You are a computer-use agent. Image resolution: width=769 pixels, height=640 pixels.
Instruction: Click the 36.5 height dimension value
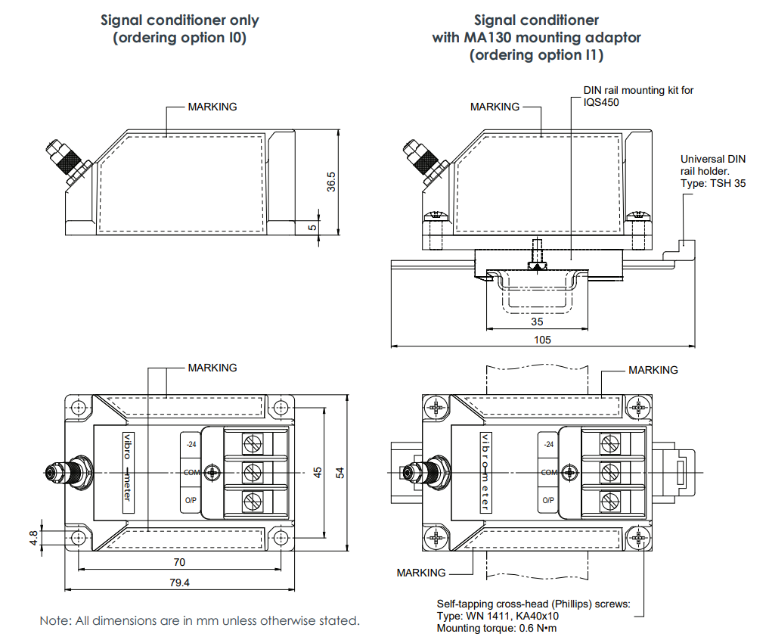(x=331, y=182)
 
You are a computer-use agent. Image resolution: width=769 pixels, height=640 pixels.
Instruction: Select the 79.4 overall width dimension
(x=179, y=583)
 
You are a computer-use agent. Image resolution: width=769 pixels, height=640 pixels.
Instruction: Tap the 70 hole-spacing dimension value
(x=179, y=562)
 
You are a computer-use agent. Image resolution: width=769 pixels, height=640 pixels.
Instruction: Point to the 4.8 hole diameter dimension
(x=33, y=538)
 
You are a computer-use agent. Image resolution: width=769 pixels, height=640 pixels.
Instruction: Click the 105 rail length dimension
(x=542, y=340)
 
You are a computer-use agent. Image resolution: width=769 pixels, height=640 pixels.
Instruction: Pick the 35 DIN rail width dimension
(x=537, y=322)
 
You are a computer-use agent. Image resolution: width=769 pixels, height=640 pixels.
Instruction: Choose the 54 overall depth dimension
(x=340, y=473)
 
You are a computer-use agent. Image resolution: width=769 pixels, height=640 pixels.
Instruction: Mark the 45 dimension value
(x=318, y=473)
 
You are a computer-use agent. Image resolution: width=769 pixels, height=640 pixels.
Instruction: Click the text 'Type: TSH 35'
(x=713, y=183)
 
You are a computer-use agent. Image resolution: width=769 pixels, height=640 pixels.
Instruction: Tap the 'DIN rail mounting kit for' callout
(x=638, y=90)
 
